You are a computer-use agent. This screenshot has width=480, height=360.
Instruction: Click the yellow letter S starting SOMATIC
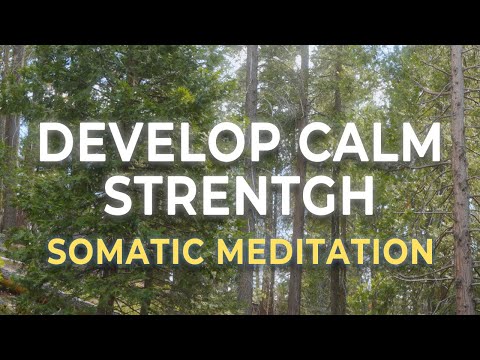(57, 250)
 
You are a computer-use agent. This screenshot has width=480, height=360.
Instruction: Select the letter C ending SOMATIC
(188, 250)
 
